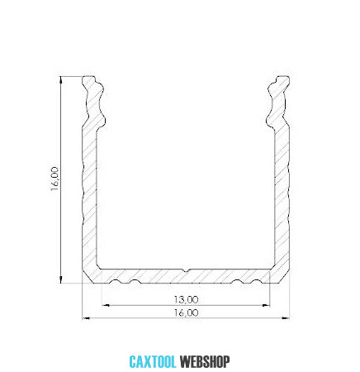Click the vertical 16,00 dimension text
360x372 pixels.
pos(54,179)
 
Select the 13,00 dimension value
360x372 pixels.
pos(186,299)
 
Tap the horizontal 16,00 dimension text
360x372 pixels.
pos(186,312)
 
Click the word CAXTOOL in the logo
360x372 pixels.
pos(153,362)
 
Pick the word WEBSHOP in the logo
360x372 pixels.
pos(205,362)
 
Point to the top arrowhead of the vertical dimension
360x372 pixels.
pos(61,79)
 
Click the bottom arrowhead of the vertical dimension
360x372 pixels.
pos(61,279)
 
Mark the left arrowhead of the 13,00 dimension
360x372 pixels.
pos(106,305)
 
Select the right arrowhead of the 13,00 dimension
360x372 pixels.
pos(266,305)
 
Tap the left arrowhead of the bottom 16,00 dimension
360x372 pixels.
pos(86,318)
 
